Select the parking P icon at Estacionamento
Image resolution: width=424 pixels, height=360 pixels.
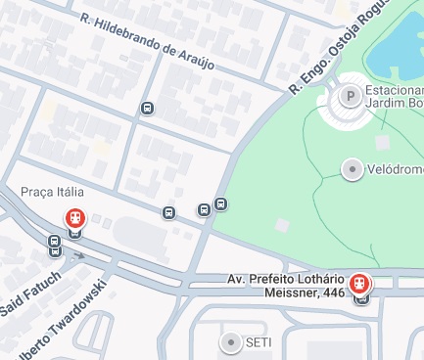(x=349, y=97)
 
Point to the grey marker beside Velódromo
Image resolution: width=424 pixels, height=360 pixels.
(x=351, y=169)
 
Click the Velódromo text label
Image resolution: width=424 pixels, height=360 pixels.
(x=395, y=169)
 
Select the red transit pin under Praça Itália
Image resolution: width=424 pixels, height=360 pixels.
(x=74, y=219)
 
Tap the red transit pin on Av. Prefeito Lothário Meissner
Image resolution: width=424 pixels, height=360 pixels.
(x=361, y=284)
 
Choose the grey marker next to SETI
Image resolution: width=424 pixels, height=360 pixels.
(x=231, y=341)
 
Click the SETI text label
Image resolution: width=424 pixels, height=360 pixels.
(x=259, y=341)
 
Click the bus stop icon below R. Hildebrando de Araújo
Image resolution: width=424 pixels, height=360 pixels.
(x=147, y=109)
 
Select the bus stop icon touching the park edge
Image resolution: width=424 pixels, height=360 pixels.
(x=221, y=204)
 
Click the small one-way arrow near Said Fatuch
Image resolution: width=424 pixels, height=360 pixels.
(x=80, y=256)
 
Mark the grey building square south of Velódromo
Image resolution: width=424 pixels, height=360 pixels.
(x=282, y=226)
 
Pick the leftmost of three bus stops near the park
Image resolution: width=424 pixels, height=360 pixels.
(x=168, y=212)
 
